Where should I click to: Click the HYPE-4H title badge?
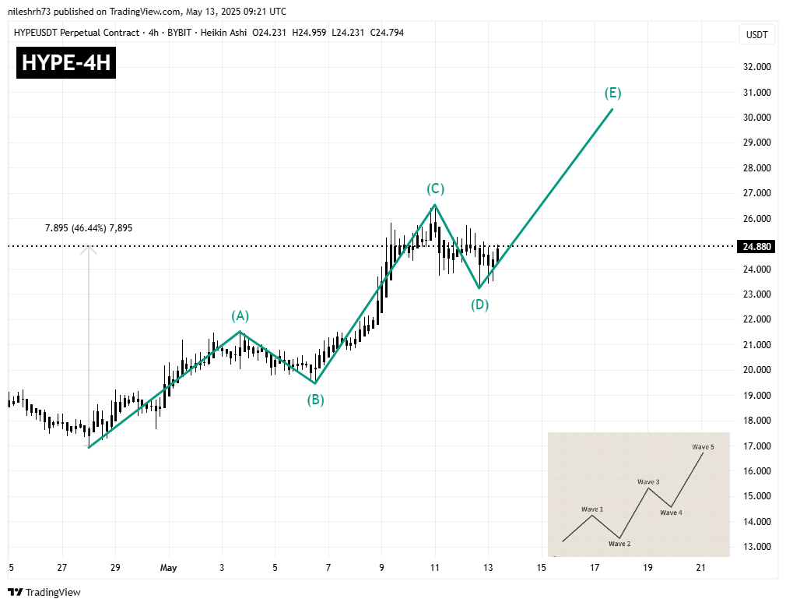pyautogui.click(x=66, y=63)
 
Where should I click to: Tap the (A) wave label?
pyautogui.click(x=240, y=315)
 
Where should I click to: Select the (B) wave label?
pyautogui.click(x=314, y=400)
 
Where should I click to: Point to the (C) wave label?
pyautogui.click(x=435, y=188)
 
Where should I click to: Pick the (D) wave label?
pyautogui.click(x=479, y=305)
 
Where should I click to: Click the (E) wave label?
pyautogui.click(x=612, y=93)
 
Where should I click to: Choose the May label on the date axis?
pyautogui.click(x=168, y=568)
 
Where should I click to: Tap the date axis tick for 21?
pyautogui.click(x=700, y=568)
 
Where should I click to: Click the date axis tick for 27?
pyautogui.click(x=62, y=568)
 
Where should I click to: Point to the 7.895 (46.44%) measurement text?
pyautogui.click(x=89, y=227)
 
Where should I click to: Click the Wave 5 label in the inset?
pyautogui.click(x=703, y=446)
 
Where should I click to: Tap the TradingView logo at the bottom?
pyautogui.click(x=44, y=592)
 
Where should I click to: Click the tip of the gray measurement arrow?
pyautogui.click(x=89, y=247)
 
